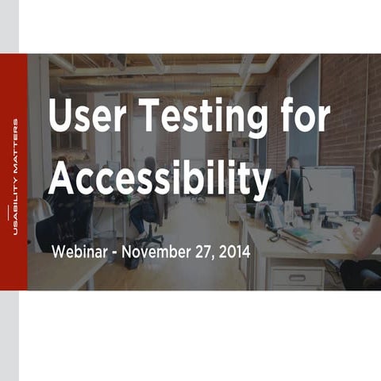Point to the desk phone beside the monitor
(272, 218)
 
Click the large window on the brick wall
(304, 111)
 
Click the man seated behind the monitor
(287, 179)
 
